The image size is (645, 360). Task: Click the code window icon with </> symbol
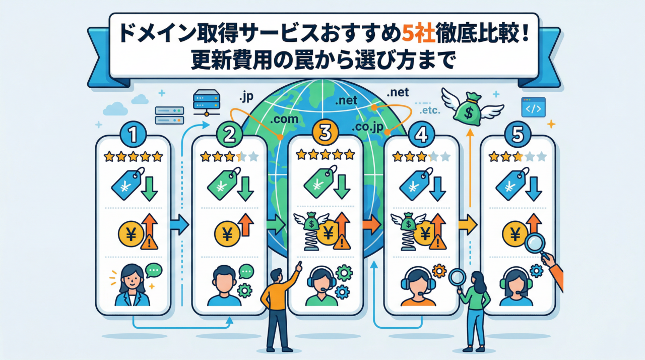coord(533,107)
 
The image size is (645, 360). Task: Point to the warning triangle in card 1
coord(149,242)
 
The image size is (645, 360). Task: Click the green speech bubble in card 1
coord(154,271)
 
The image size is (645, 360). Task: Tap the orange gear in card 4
coord(439,271)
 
